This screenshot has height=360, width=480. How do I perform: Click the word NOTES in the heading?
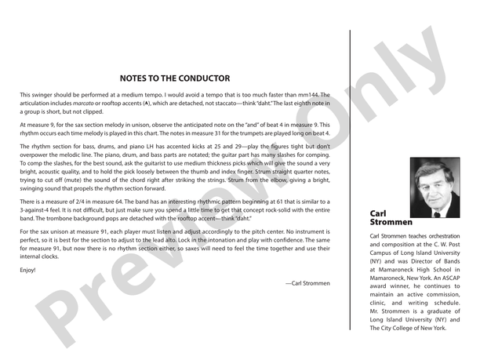(135, 78)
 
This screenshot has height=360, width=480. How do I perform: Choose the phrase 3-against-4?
(41, 212)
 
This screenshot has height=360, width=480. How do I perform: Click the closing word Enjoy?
(27, 270)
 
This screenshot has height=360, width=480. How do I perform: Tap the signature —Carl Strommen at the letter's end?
(308, 282)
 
